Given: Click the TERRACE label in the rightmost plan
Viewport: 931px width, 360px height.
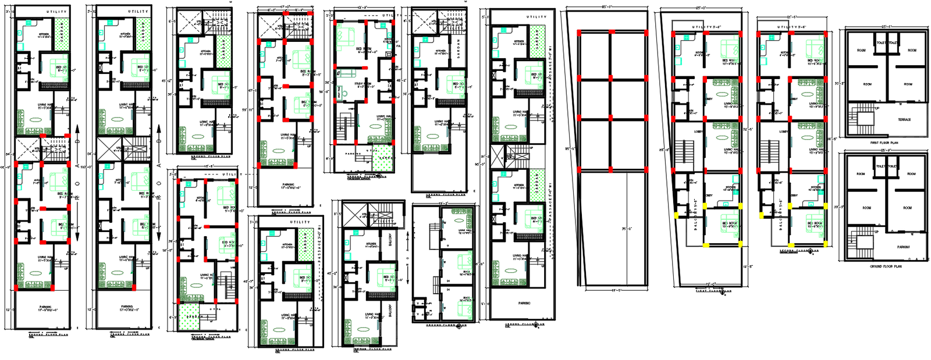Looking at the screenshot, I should (x=904, y=120).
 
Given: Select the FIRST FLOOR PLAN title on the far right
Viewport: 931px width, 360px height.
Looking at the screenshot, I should (x=884, y=142).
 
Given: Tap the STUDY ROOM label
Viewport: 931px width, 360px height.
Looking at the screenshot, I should (x=363, y=84).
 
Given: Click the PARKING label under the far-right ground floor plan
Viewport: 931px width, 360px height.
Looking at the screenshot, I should (x=903, y=247).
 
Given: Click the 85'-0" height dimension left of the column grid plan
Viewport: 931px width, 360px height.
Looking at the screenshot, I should (x=567, y=149).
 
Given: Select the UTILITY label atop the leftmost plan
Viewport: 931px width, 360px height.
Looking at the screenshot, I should (x=56, y=12).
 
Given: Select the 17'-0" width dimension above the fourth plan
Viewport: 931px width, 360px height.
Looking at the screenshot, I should (x=285, y=6).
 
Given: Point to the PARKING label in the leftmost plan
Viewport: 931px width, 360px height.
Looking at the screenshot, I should (x=45, y=306).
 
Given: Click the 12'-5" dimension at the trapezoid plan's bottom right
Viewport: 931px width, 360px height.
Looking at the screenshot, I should (x=747, y=266).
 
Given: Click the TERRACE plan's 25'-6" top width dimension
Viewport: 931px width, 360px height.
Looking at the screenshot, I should (x=886, y=26).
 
